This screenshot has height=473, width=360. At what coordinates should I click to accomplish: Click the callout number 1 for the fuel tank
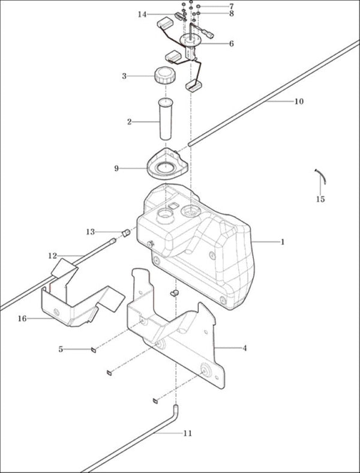tap(282, 242)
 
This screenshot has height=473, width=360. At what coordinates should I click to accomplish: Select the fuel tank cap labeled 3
tap(165, 76)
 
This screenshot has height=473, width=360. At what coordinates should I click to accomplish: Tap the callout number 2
tap(130, 122)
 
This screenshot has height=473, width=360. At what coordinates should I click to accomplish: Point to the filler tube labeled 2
tap(165, 119)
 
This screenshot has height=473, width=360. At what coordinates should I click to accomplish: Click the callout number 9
tap(116, 168)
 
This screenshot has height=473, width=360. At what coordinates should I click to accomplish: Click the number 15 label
tap(320, 199)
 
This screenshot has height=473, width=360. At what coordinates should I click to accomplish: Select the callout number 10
tap(299, 101)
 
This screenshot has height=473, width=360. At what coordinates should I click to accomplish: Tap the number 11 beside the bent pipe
tap(188, 433)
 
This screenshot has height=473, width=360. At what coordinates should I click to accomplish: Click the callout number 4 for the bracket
tap(245, 348)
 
